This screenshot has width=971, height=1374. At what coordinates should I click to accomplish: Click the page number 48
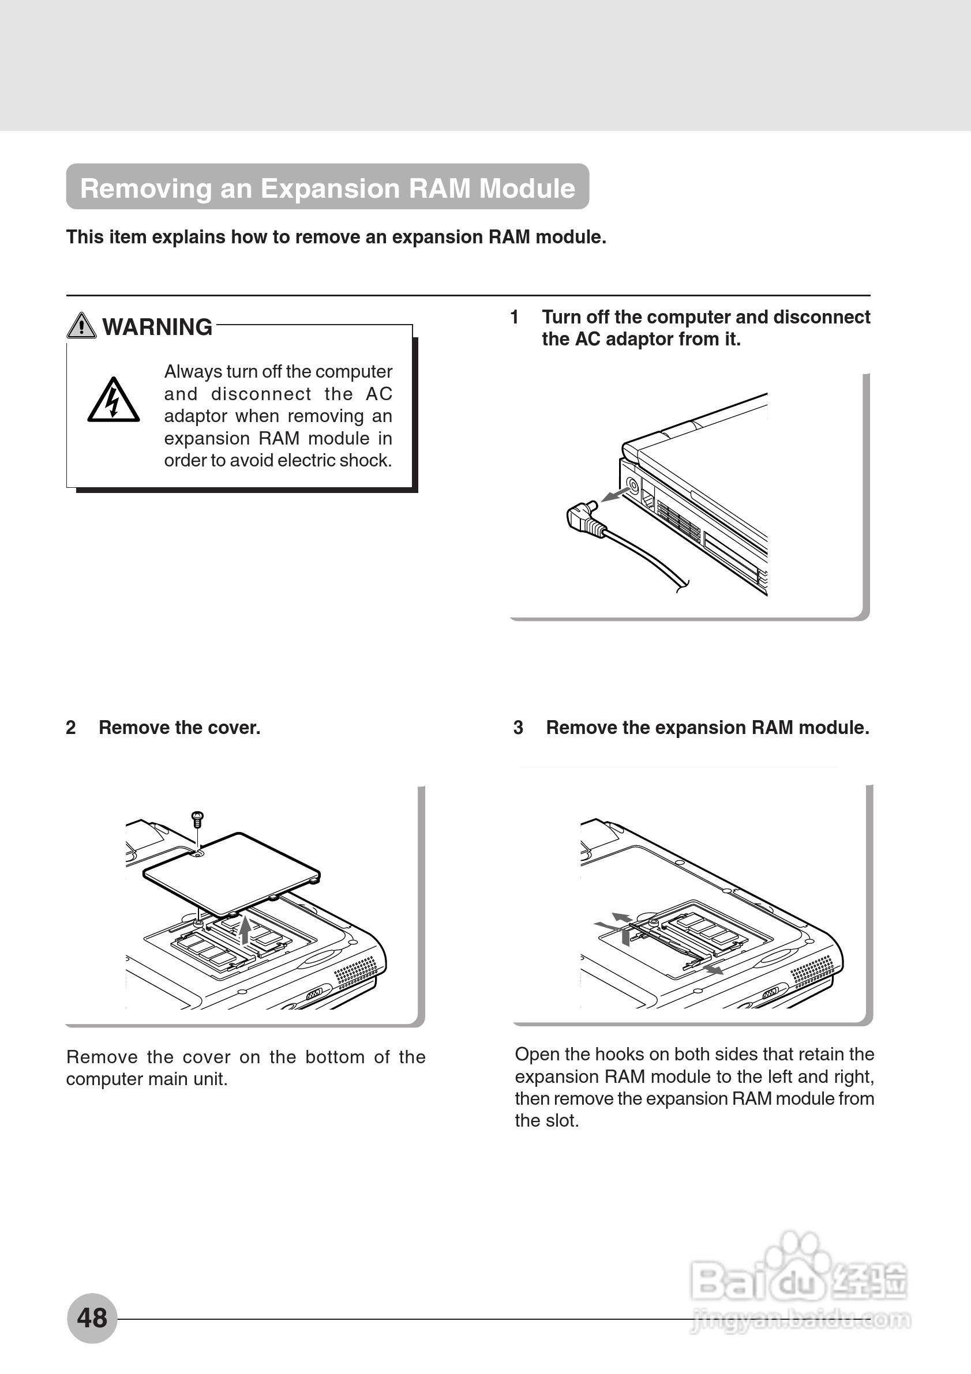pyautogui.click(x=92, y=1317)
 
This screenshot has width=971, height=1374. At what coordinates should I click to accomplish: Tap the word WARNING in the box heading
pyautogui.click(x=157, y=327)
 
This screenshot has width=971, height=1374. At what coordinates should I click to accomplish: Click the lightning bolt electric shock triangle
pyautogui.click(x=113, y=400)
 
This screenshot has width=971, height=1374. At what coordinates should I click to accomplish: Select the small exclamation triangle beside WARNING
pyautogui.click(x=81, y=326)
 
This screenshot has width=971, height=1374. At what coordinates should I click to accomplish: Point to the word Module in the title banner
pyautogui.click(x=527, y=189)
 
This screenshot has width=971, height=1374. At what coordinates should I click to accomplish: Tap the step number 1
pyautogui.click(x=514, y=317)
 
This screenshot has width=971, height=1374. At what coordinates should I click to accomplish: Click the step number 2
pyautogui.click(x=70, y=728)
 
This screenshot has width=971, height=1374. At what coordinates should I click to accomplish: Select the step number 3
pyautogui.click(x=518, y=728)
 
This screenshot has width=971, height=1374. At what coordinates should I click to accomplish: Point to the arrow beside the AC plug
pyautogui.click(x=615, y=494)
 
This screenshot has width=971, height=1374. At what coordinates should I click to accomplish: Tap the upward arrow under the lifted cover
pyautogui.click(x=244, y=930)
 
